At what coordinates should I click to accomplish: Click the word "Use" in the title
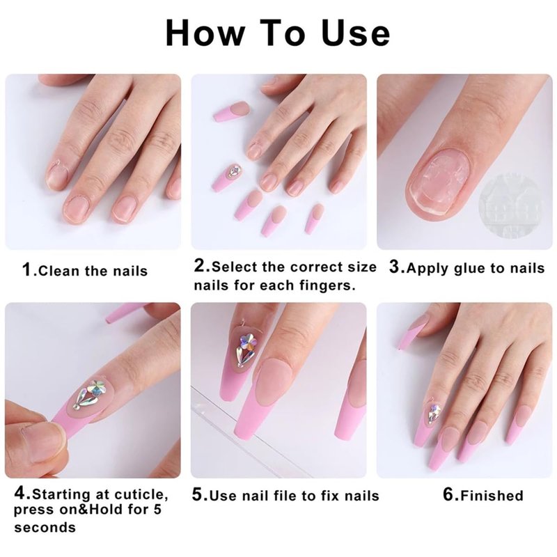(356, 33)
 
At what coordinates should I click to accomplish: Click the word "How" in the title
(205, 33)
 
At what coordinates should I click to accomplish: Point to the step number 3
(394, 267)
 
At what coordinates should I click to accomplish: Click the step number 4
(20, 494)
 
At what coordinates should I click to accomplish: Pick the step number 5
(198, 494)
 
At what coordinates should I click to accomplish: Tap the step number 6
(448, 494)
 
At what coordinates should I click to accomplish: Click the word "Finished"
(492, 496)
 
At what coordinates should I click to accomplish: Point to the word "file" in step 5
(288, 496)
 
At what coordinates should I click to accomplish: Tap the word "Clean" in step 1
(58, 271)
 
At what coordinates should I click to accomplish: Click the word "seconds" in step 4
(45, 528)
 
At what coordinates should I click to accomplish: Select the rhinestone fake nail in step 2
(226, 178)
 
